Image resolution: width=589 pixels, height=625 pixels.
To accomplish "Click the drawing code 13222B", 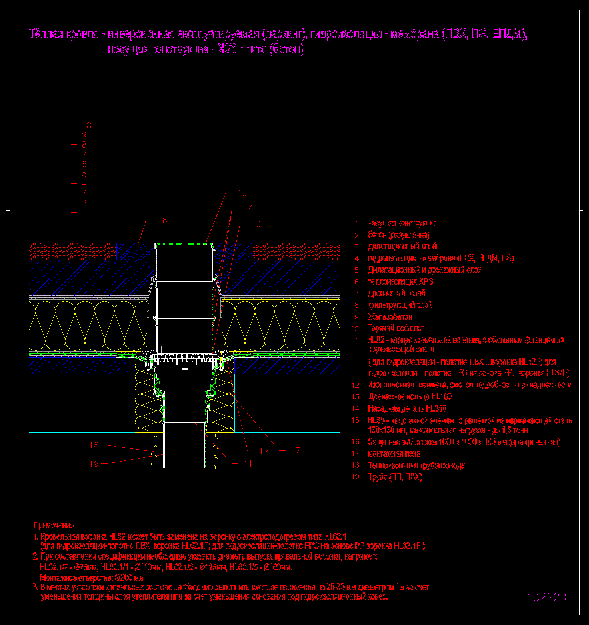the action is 547,597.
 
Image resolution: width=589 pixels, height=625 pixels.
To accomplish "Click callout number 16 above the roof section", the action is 163,220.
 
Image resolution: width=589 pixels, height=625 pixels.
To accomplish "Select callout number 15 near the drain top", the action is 242,193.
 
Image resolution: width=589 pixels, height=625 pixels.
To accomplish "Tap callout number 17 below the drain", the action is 295,451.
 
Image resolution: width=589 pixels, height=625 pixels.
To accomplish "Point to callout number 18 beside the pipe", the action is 94,445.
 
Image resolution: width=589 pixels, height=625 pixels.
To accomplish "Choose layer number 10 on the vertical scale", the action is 87,126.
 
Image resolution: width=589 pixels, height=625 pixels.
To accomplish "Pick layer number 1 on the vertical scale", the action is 84,213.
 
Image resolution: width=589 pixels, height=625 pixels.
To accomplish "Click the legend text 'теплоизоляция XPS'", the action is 400,282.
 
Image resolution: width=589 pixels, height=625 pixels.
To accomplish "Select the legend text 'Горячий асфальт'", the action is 396,328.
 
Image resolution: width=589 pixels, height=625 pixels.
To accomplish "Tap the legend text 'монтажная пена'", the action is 394,454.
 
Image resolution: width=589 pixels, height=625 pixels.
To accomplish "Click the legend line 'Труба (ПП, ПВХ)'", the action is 395,477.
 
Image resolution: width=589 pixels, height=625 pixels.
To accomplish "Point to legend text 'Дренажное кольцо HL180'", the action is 410,396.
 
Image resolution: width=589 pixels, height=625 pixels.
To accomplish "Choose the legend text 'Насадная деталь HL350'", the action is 407,408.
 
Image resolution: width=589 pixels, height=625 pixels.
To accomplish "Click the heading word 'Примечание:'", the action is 55,525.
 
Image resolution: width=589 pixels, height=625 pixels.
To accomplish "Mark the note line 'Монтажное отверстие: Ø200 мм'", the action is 92,577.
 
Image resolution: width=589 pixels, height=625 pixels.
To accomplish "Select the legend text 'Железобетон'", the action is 390,317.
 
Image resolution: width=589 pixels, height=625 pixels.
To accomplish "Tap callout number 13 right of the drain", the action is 256,224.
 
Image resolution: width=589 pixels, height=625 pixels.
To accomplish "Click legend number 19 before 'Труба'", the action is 355,477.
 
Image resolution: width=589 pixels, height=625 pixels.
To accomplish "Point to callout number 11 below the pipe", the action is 248,464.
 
